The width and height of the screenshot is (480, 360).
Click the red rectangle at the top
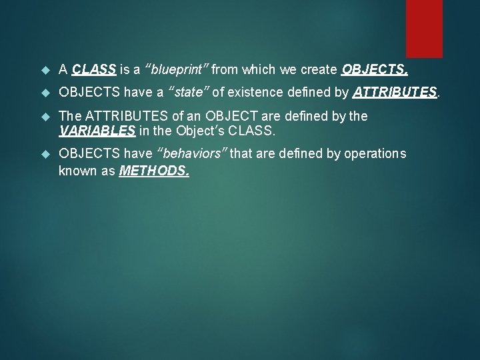[424, 28]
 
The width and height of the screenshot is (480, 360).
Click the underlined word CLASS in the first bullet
[94, 69]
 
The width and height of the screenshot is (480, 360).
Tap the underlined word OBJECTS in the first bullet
[374, 69]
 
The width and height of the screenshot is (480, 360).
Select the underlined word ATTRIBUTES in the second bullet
[395, 92]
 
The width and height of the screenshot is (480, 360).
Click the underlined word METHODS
[153, 171]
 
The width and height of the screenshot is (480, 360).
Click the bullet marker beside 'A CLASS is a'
[45, 69]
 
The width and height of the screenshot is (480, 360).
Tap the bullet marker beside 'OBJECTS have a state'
[45, 92]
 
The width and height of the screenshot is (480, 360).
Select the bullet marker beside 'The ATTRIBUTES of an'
[45, 117]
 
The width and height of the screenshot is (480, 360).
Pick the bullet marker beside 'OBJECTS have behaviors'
[45, 154]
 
